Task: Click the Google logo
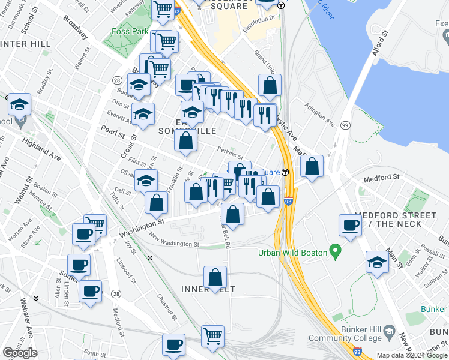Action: point(20,352)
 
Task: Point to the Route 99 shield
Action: point(345,124)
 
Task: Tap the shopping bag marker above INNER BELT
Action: point(215,278)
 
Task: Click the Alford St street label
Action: point(381,46)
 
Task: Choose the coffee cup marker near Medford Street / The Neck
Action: point(350,226)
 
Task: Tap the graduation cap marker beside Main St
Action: point(377,263)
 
